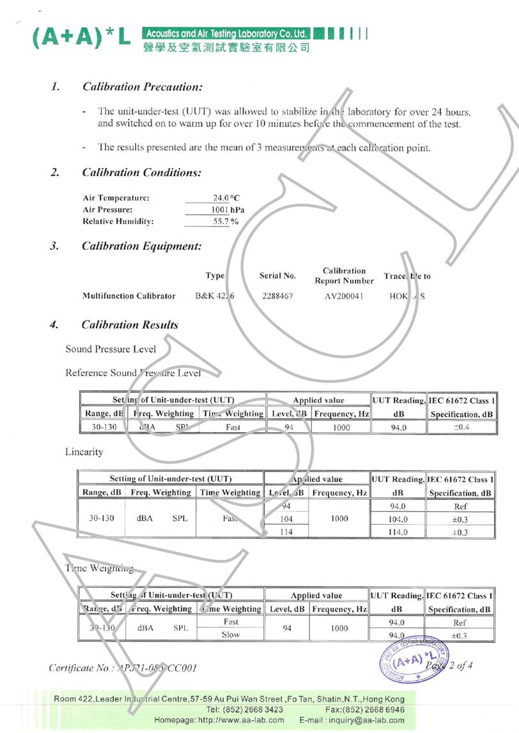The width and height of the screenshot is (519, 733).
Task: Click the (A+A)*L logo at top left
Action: (81, 39)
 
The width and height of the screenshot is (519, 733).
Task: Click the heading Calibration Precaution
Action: (143, 86)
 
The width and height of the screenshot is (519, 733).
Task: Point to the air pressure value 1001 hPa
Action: (228, 209)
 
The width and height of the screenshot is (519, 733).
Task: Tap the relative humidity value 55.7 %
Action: (226, 222)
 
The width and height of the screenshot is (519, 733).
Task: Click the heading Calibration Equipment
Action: (142, 246)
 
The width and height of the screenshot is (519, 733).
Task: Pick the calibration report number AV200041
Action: (343, 296)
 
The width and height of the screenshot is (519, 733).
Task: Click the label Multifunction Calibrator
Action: (128, 296)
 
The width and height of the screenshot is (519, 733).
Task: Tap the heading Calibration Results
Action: (130, 325)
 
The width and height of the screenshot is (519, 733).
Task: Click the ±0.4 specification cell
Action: (461, 427)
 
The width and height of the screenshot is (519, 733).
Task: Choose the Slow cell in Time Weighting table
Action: (231, 635)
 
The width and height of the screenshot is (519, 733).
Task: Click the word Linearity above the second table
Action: (84, 452)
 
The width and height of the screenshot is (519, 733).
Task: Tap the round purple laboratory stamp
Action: (414, 658)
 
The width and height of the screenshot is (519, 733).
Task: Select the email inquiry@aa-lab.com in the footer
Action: (365, 720)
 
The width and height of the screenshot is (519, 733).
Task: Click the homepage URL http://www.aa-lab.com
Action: (242, 720)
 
